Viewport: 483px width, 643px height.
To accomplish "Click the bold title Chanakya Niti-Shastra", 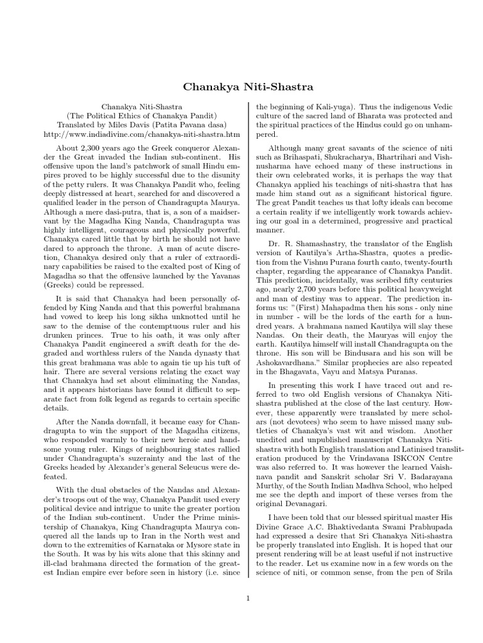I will pos(241,85).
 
